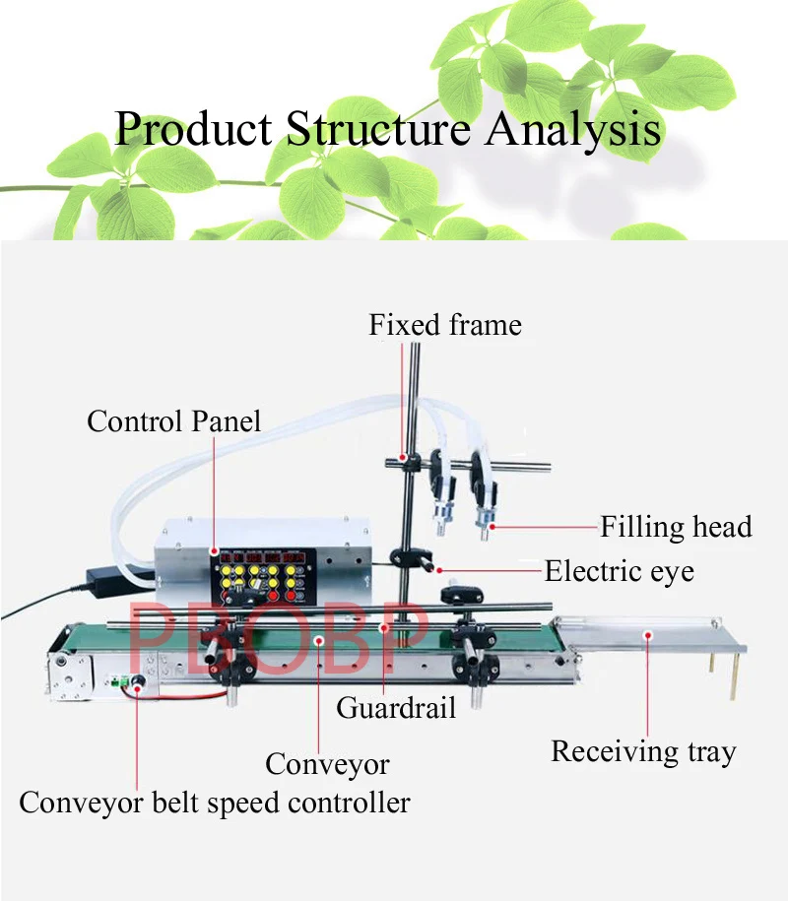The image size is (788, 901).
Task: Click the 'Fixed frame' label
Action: (x=445, y=325)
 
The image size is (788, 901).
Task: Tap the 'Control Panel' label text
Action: (x=174, y=421)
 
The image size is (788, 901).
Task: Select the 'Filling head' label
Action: (x=676, y=527)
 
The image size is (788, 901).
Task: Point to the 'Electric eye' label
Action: (x=619, y=571)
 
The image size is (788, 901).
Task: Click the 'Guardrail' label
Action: (x=397, y=707)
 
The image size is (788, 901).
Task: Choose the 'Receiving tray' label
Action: (x=643, y=752)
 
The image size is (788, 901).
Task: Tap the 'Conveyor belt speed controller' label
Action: (x=215, y=802)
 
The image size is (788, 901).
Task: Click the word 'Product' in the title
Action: (x=193, y=129)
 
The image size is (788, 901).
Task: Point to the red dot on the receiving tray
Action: (x=647, y=635)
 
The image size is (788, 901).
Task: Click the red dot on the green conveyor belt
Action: (x=319, y=638)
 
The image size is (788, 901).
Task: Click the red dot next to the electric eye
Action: (x=438, y=569)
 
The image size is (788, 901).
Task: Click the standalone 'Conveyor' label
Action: (x=327, y=763)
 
